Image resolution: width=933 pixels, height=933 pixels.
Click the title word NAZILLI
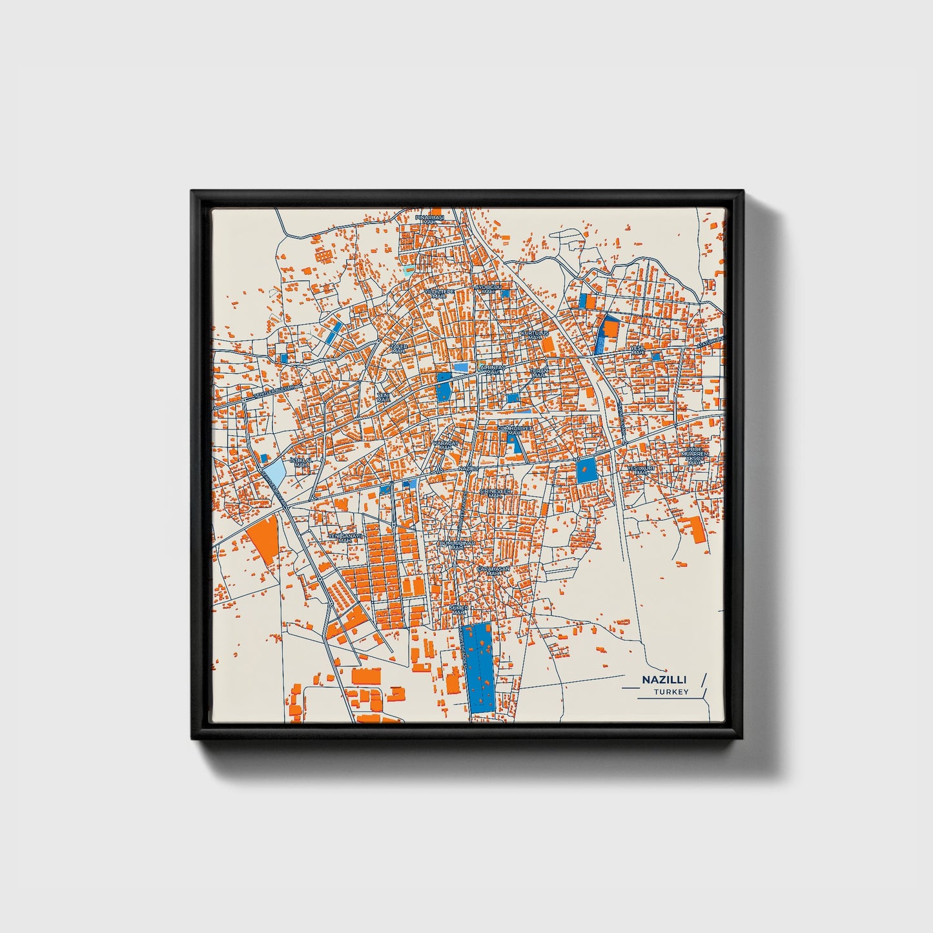(x=664, y=680)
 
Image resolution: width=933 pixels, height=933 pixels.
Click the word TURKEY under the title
(x=671, y=692)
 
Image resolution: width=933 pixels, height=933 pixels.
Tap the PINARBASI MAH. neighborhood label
(x=430, y=220)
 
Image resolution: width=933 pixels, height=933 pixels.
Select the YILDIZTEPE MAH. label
(x=439, y=293)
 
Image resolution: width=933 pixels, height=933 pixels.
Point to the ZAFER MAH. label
(x=399, y=348)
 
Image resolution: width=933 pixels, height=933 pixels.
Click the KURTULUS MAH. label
(x=534, y=335)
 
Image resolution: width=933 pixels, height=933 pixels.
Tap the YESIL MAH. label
(x=638, y=350)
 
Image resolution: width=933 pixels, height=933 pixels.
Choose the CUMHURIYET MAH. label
(x=514, y=430)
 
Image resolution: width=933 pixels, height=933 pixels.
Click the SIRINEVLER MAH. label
(x=495, y=493)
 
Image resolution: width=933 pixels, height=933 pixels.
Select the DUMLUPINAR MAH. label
(x=457, y=545)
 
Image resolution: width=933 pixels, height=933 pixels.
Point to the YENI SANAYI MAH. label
(x=345, y=537)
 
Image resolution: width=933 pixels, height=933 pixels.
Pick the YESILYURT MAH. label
(x=641, y=470)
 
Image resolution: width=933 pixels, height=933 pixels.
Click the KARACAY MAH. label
(x=445, y=446)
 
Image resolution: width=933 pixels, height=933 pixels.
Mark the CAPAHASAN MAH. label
(x=494, y=571)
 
